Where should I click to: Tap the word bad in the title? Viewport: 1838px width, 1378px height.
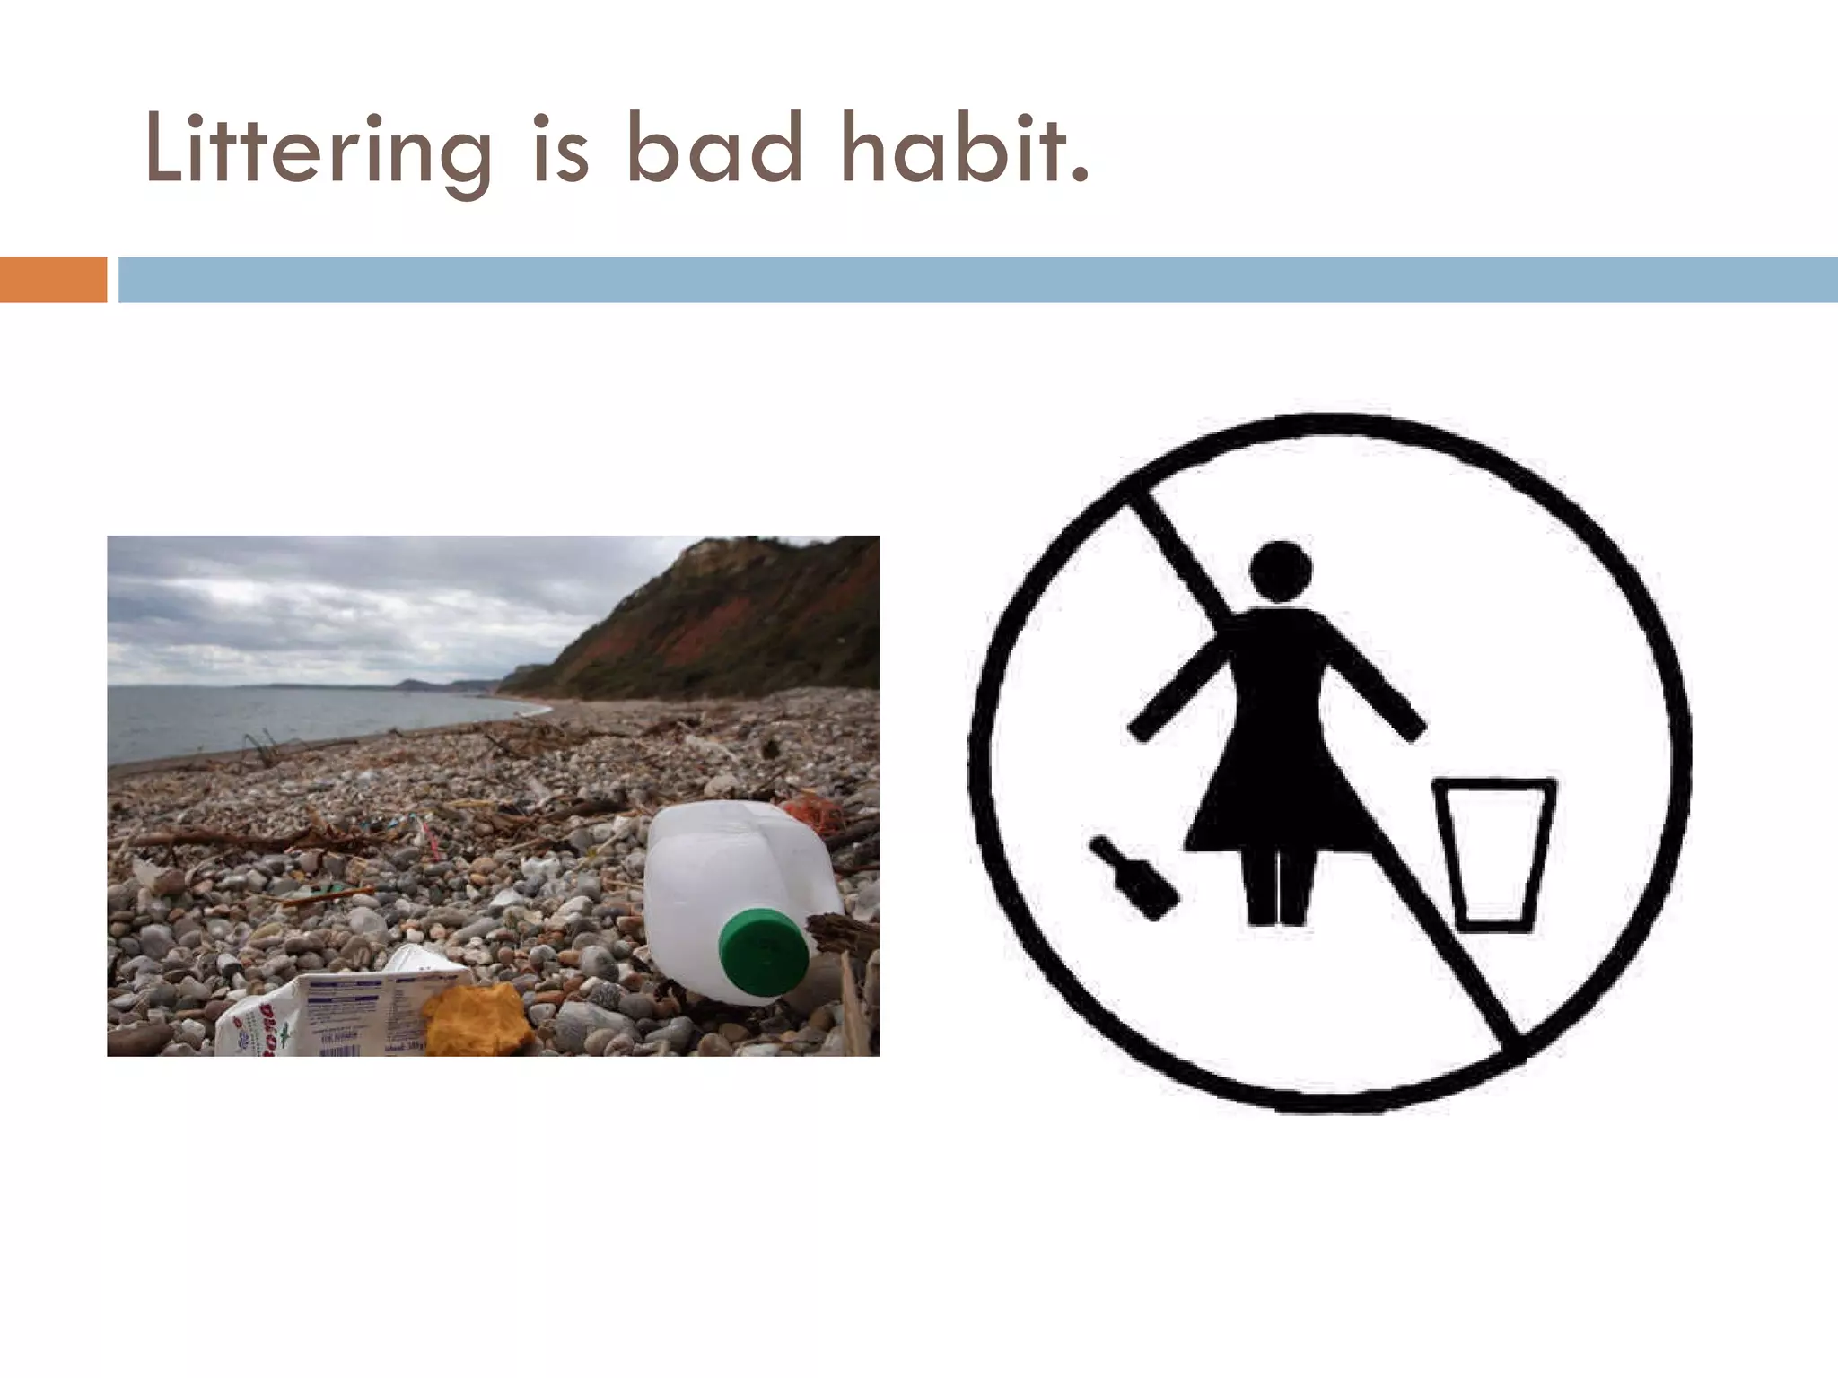point(713,149)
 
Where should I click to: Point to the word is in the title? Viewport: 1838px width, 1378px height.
point(561,153)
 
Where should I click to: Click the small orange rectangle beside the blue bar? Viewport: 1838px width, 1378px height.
point(53,279)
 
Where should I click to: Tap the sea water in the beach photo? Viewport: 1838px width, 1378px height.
point(269,718)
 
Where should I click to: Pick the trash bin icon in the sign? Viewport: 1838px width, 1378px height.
point(1493,852)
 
